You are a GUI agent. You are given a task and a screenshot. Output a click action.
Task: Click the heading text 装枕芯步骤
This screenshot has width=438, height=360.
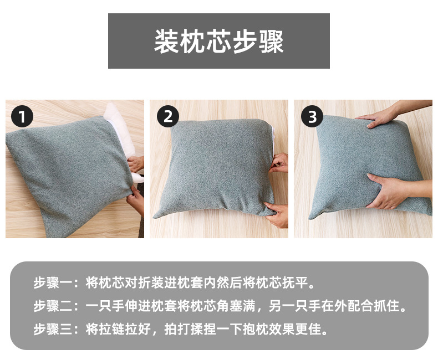pos(218,42)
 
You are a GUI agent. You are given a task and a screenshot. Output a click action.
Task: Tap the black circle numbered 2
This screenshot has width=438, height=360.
pos(167,117)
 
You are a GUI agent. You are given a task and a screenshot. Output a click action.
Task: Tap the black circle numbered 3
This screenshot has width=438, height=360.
pos(312,117)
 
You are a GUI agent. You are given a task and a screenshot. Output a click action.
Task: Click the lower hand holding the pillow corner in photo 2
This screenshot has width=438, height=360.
pos(277,214)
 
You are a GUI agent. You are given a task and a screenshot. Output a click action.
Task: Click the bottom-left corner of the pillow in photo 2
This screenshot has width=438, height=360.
pos(155,216)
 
